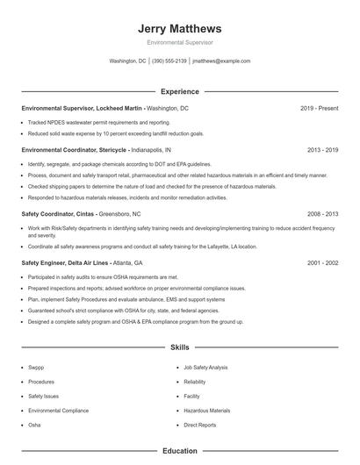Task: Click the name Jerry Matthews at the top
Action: pos(179,28)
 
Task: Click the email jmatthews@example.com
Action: pos(220,61)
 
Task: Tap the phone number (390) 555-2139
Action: pos(169,61)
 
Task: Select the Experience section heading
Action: pos(179,91)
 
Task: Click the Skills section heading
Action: pos(179,347)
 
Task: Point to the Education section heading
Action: pos(179,451)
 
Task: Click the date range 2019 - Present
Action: pos(318,108)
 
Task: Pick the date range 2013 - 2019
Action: pos(320,150)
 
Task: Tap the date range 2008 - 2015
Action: pos(320,213)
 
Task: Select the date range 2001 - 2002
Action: pos(320,262)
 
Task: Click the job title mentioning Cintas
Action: pos(86,213)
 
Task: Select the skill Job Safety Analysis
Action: pos(205,368)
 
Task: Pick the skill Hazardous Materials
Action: pos(207,410)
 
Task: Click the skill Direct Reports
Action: pos(200,425)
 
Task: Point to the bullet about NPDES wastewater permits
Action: pos(98,123)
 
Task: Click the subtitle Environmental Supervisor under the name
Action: pos(179,42)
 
